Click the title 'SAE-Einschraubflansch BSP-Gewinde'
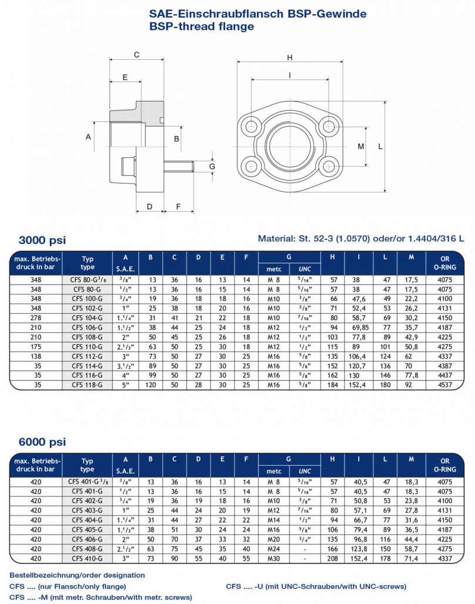point(258,14)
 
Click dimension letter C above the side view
point(136,55)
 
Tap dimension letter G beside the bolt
point(212,167)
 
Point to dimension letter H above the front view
point(289,57)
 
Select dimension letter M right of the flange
point(361,147)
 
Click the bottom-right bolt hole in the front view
point(329,167)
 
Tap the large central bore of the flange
point(290,147)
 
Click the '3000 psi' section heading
point(42,240)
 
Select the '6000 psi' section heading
point(42,442)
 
